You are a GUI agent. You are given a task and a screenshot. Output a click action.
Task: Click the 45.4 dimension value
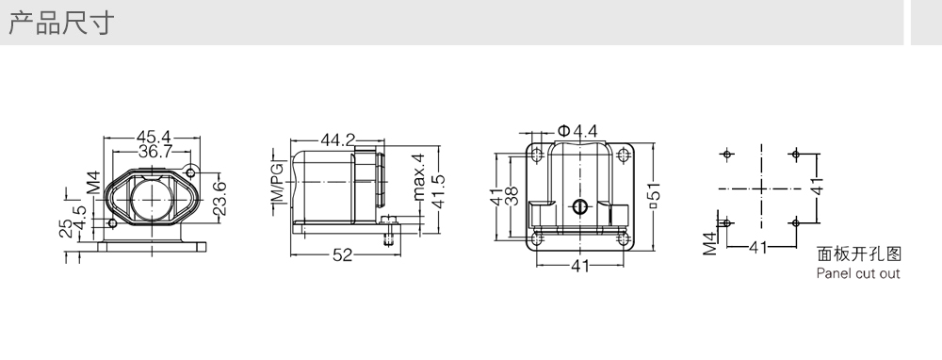tap(153, 137)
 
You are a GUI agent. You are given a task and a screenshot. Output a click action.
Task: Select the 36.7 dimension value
tap(155, 151)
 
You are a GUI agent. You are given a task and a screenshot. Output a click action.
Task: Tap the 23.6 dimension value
tap(219, 198)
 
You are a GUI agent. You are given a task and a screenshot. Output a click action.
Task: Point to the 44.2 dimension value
tap(337, 140)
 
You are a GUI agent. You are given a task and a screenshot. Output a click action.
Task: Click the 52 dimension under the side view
tap(343, 254)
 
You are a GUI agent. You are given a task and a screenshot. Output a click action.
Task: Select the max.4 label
tap(419, 176)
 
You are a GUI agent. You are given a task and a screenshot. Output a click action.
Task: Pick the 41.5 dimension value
tap(438, 191)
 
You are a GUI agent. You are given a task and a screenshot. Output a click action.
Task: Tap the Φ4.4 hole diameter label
tap(577, 131)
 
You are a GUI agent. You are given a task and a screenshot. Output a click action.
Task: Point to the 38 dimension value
tap(512, 197)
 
